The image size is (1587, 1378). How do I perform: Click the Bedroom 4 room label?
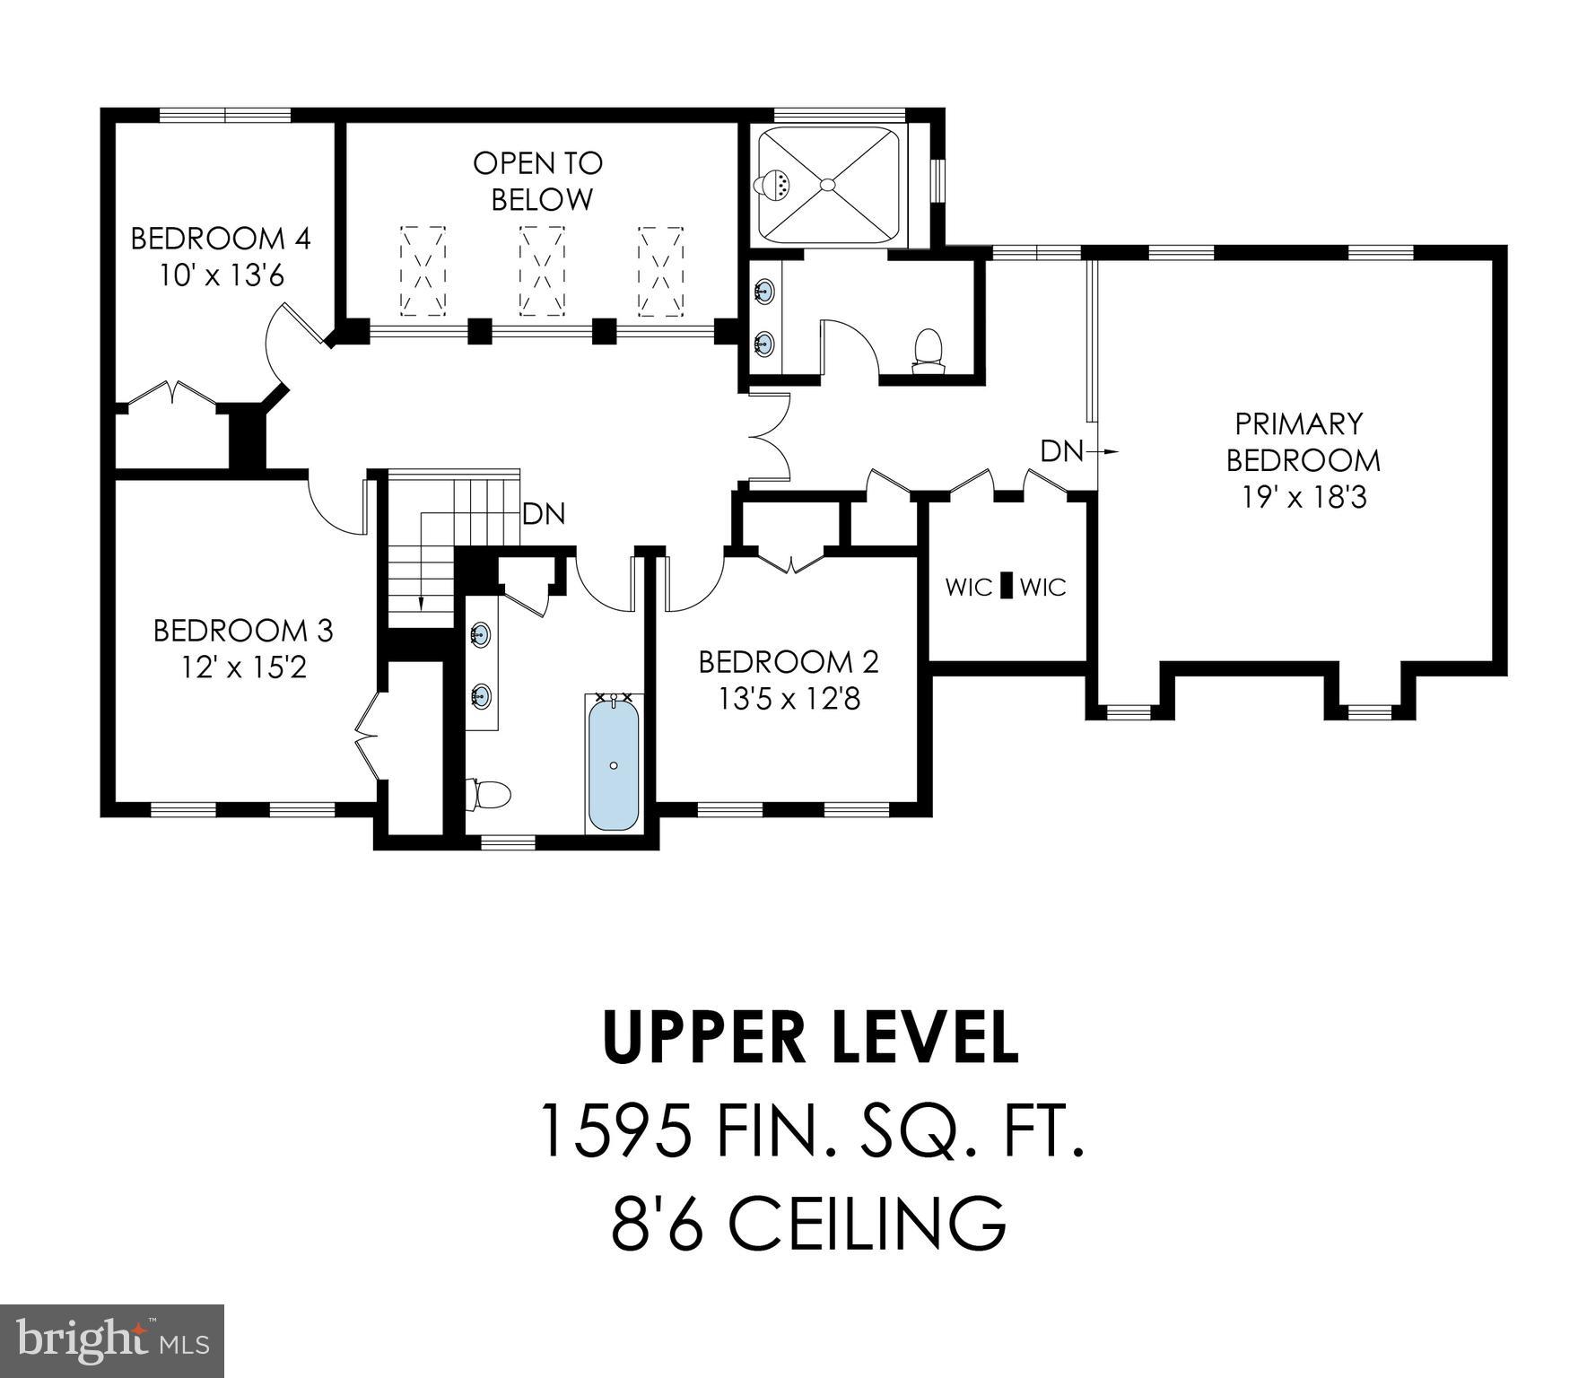pyautogui.click(x=221, y=239)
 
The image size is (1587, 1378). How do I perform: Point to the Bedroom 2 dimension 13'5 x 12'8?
pyautogui.click(x=789, y=699)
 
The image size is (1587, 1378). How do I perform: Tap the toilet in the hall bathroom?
pyautogui.click(x=489, y=794)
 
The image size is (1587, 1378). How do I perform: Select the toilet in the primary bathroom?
pyautogui.click(x=927, y=350)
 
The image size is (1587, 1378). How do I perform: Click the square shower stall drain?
pyautogui.click(x=827, y=185)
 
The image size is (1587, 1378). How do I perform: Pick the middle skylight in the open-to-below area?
pyautogui.click(x=542, y=271)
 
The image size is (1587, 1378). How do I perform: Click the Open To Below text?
pyautogui.click(x=538, y=181)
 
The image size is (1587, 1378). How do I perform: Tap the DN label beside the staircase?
pyautogui.click(x=544, y=514)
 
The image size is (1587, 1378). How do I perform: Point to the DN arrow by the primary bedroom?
pyautogui.click(x=1109, y=451)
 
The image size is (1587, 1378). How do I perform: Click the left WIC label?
pyautogui.click(x=969, y=588)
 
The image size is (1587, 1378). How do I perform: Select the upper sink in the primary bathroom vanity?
pyautogui.click(x=765, y=290)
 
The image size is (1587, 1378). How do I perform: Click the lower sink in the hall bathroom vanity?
pyautogui.click(x=482, y=694)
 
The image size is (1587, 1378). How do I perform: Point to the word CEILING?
pyautogui.click(x=866, y=1224)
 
